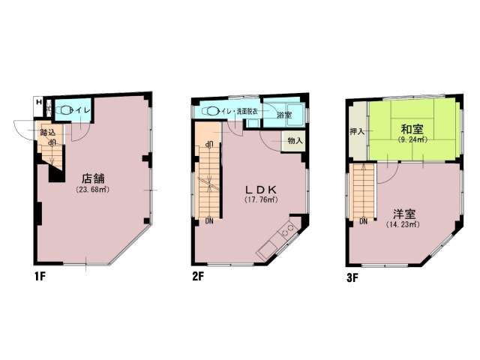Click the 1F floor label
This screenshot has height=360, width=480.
(40, 277)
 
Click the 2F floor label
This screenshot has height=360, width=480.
(199, 277)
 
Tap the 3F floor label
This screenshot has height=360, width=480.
(352, 277)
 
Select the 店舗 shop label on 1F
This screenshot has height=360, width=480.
(94, 178)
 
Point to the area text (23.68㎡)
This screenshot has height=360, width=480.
(93, 190)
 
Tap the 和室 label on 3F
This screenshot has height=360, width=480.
(412, 128)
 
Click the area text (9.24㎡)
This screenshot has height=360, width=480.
(412, 139)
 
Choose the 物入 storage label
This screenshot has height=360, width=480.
(295, 140)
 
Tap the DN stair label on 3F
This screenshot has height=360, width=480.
(363, 222)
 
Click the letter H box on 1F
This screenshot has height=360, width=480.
(39, 103)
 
